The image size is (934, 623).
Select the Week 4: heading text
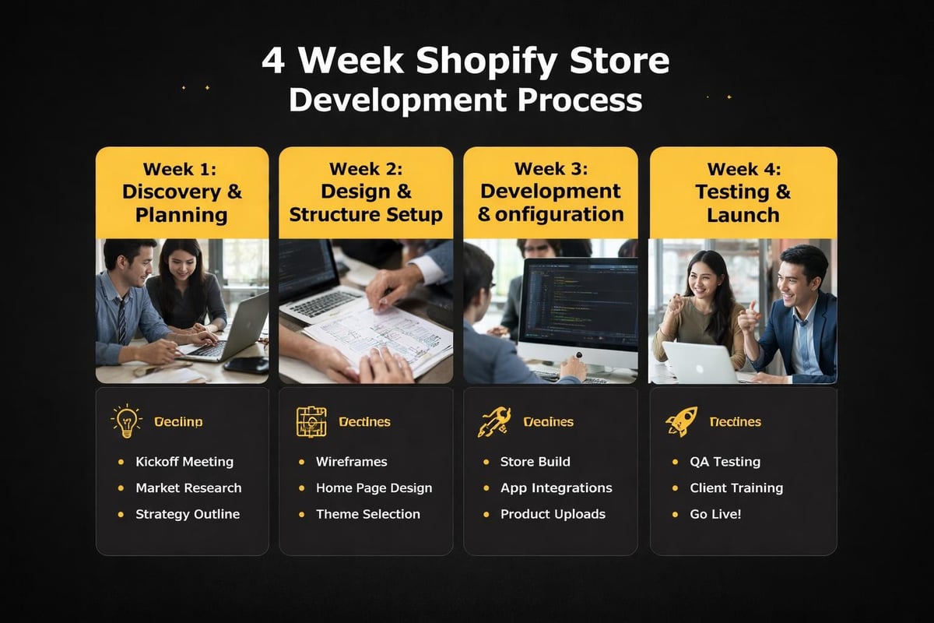coord(743,168)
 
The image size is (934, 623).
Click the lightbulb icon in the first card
coord(126,421)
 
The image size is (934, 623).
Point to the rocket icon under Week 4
coord(681,422)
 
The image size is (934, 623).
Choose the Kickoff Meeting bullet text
coord(184,462)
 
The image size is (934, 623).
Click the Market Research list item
coord(188,488)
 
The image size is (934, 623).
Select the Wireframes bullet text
coord(351,462)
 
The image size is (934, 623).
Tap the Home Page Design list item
coord(374,488)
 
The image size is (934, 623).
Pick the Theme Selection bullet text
coord(367,514)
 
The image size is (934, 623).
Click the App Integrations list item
coord(556,488)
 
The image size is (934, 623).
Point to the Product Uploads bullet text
coord(553,514)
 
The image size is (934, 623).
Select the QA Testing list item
coord(725,462)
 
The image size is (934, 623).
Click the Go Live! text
coord(715,514)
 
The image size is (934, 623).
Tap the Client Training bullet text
coord(736,488)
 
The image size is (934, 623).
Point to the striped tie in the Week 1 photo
coord(121,319)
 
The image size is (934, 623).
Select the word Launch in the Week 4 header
coord(743,214)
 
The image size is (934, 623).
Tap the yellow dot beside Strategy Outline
coord(121,514)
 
